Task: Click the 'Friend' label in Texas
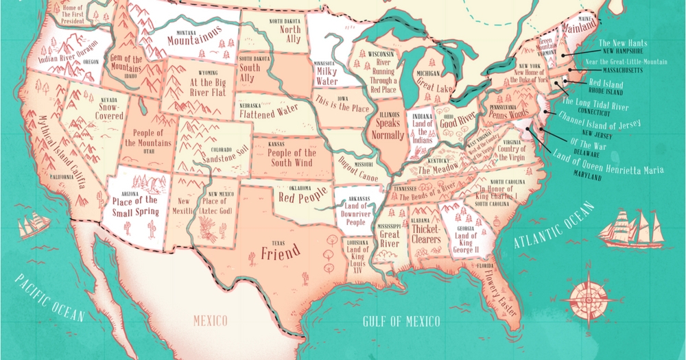point(281,254)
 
